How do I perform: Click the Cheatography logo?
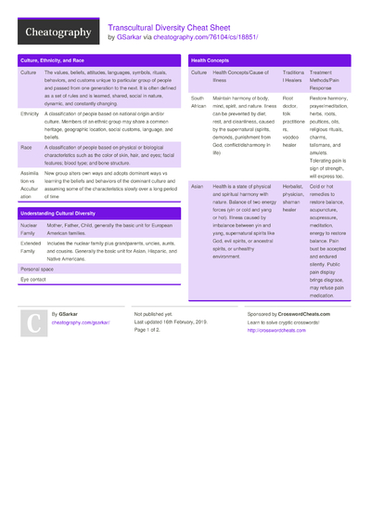point(57,33)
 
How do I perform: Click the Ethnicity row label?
point(30,113)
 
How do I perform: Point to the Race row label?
point(26,147)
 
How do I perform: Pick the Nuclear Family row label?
point(30,230)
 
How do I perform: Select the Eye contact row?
point(33,278)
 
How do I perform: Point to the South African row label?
point(199,101)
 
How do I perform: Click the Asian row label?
point(198,186)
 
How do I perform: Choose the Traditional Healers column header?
point(293,76)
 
